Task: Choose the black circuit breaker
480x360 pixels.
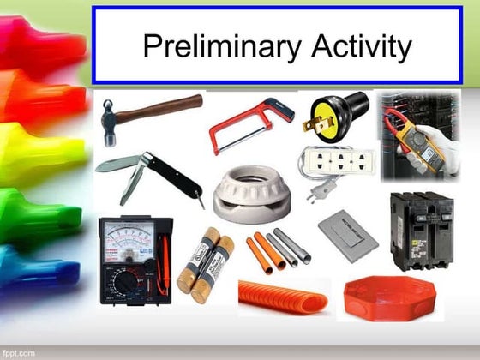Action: [421, 229]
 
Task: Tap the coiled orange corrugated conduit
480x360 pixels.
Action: [283, 297]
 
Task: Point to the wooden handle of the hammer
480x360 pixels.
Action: [164, 108]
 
